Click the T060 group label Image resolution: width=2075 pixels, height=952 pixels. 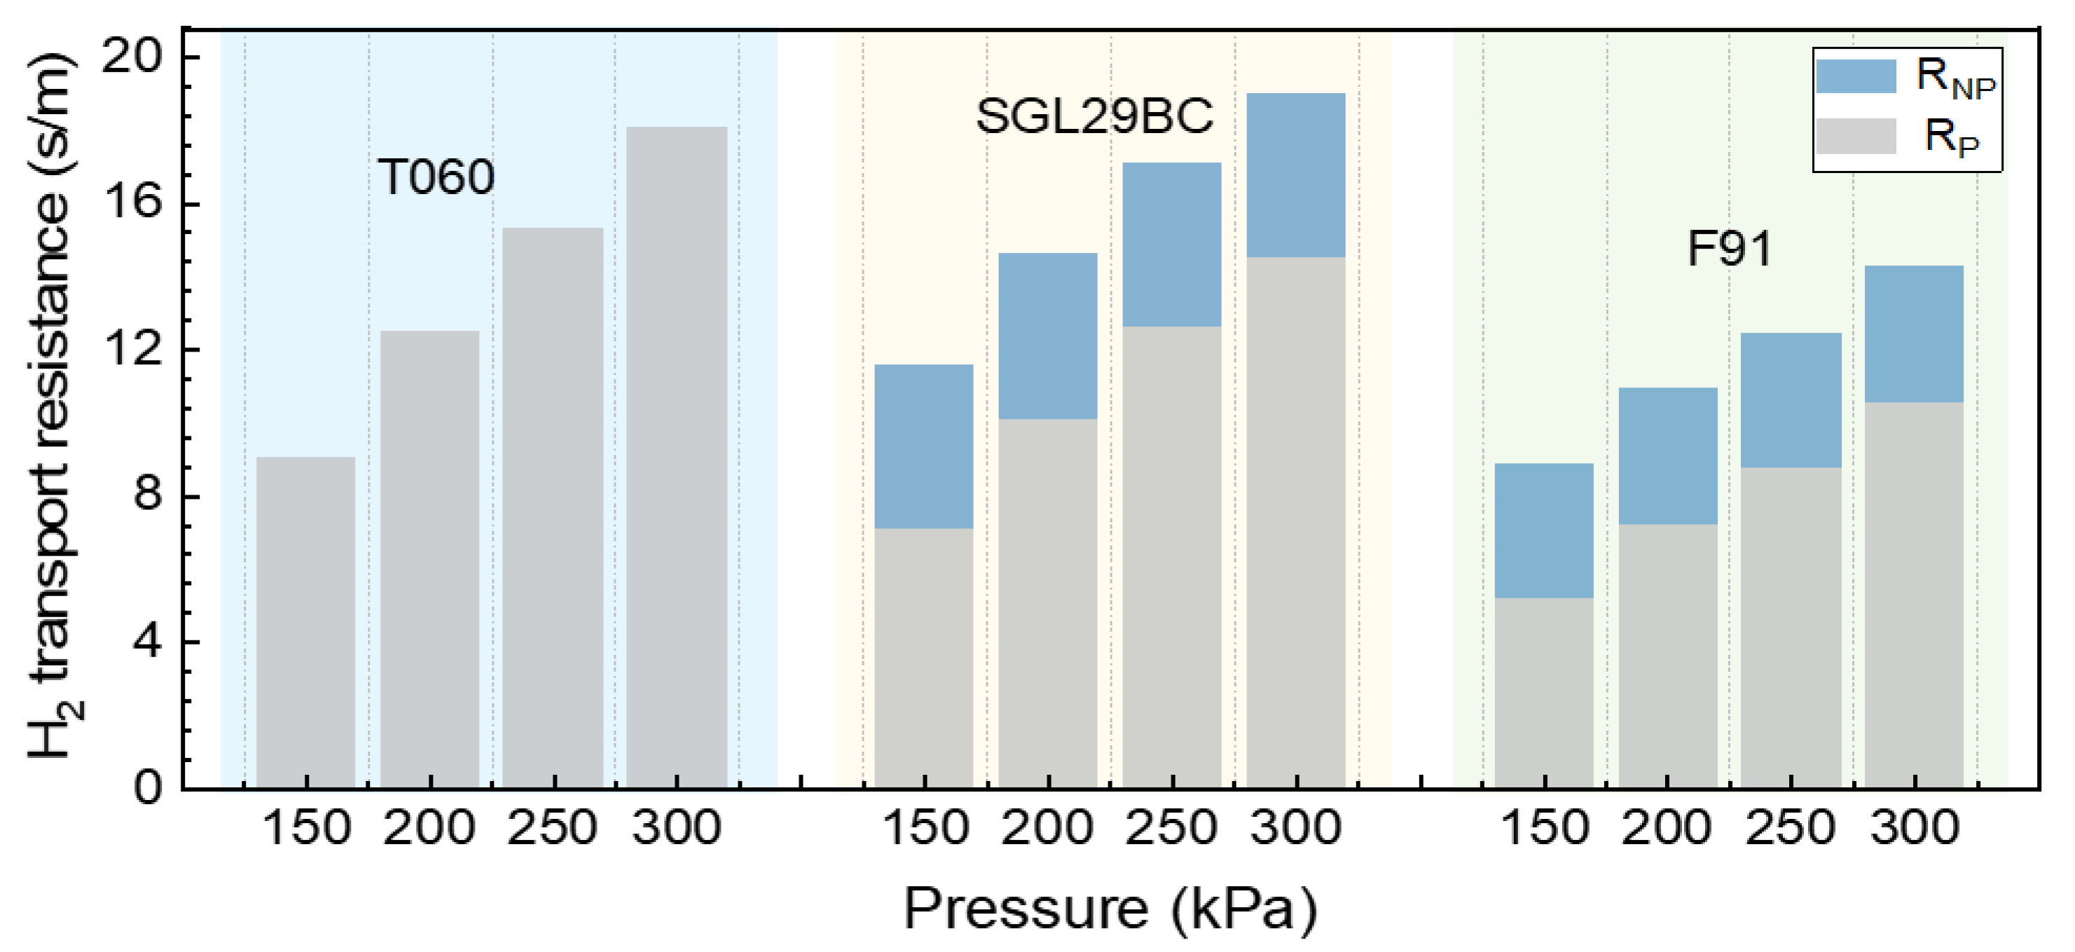pos(435,177)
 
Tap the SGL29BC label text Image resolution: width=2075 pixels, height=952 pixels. pos(1094,116)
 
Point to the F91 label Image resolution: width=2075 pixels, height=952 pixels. pos(1729,249)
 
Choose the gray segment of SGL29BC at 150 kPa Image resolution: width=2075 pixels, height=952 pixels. pos(923,657)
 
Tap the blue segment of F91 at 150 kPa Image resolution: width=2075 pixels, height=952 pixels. pos(1543,530)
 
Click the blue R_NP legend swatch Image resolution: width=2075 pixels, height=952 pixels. pos(1855,76)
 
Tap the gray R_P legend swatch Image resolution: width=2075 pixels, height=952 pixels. pos(1855,136)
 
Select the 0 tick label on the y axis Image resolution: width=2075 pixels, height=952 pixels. pos(147,787)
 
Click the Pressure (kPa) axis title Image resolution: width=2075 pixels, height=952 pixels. pos(1110,909)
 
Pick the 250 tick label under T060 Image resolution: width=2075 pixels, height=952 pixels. pos(552,827)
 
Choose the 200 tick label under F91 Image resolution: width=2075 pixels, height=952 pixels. pos(1666,827)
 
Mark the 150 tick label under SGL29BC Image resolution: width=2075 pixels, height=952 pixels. pos(925,827)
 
